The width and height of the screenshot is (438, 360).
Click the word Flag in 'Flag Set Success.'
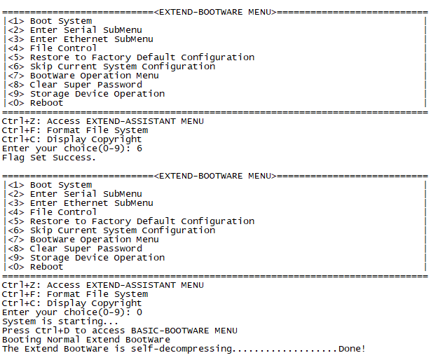[x=13, y=158]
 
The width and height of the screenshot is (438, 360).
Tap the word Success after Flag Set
[x=72, y=158]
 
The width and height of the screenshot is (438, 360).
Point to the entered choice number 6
[x=139, y=148]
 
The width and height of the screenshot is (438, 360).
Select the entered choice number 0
[x=139, y=312]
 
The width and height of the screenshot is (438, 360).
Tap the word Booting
[x=21, y=340]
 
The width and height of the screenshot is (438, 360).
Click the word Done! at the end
[x=352, y=349]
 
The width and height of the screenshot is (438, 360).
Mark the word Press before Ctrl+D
[x=15, y=331]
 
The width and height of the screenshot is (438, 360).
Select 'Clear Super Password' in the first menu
[x=85, y=85]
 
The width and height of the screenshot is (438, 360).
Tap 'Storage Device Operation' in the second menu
[x=97, y=258]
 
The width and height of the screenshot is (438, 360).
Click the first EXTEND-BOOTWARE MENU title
[x=214, y=12]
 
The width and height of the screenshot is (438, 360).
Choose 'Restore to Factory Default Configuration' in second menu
[x=142, y=221]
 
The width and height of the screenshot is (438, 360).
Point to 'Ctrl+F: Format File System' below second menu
[x=75, y=294]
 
